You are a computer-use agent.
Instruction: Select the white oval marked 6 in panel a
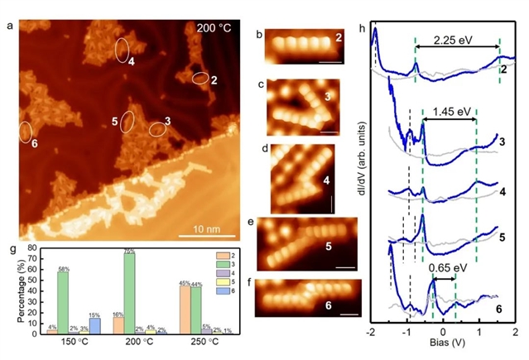(26, 131)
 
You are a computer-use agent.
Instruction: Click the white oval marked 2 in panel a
(200, 79)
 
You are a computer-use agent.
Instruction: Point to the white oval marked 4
(122, 50)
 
